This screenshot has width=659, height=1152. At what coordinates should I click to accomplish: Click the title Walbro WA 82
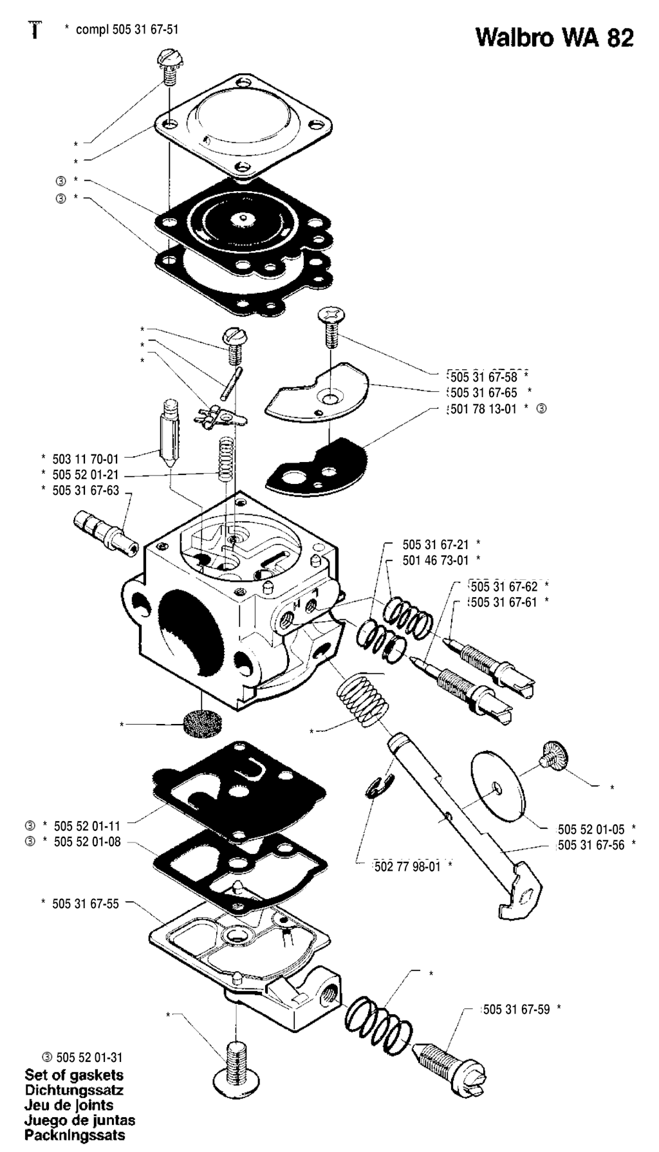coord(554,38)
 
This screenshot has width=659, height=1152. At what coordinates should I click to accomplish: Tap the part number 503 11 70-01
coord(86,460)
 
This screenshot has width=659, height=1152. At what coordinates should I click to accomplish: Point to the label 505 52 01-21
coord(86,476)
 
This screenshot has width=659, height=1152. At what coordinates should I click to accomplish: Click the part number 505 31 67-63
coord(86,491)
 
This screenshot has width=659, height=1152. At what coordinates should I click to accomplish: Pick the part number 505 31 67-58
coord(483,376)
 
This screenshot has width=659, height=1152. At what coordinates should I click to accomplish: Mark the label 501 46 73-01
coord(436,560)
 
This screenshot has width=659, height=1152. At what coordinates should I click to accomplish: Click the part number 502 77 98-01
coord(407,866)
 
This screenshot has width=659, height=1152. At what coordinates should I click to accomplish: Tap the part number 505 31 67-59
coord(517,1010)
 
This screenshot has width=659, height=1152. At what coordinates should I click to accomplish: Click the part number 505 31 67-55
coord(86,904)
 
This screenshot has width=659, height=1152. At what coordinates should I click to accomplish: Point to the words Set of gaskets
coord(74,1075)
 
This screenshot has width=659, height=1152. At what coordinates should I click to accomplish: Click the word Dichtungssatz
coord(74,1090)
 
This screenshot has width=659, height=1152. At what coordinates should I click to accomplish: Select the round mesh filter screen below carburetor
coord(200,723)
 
